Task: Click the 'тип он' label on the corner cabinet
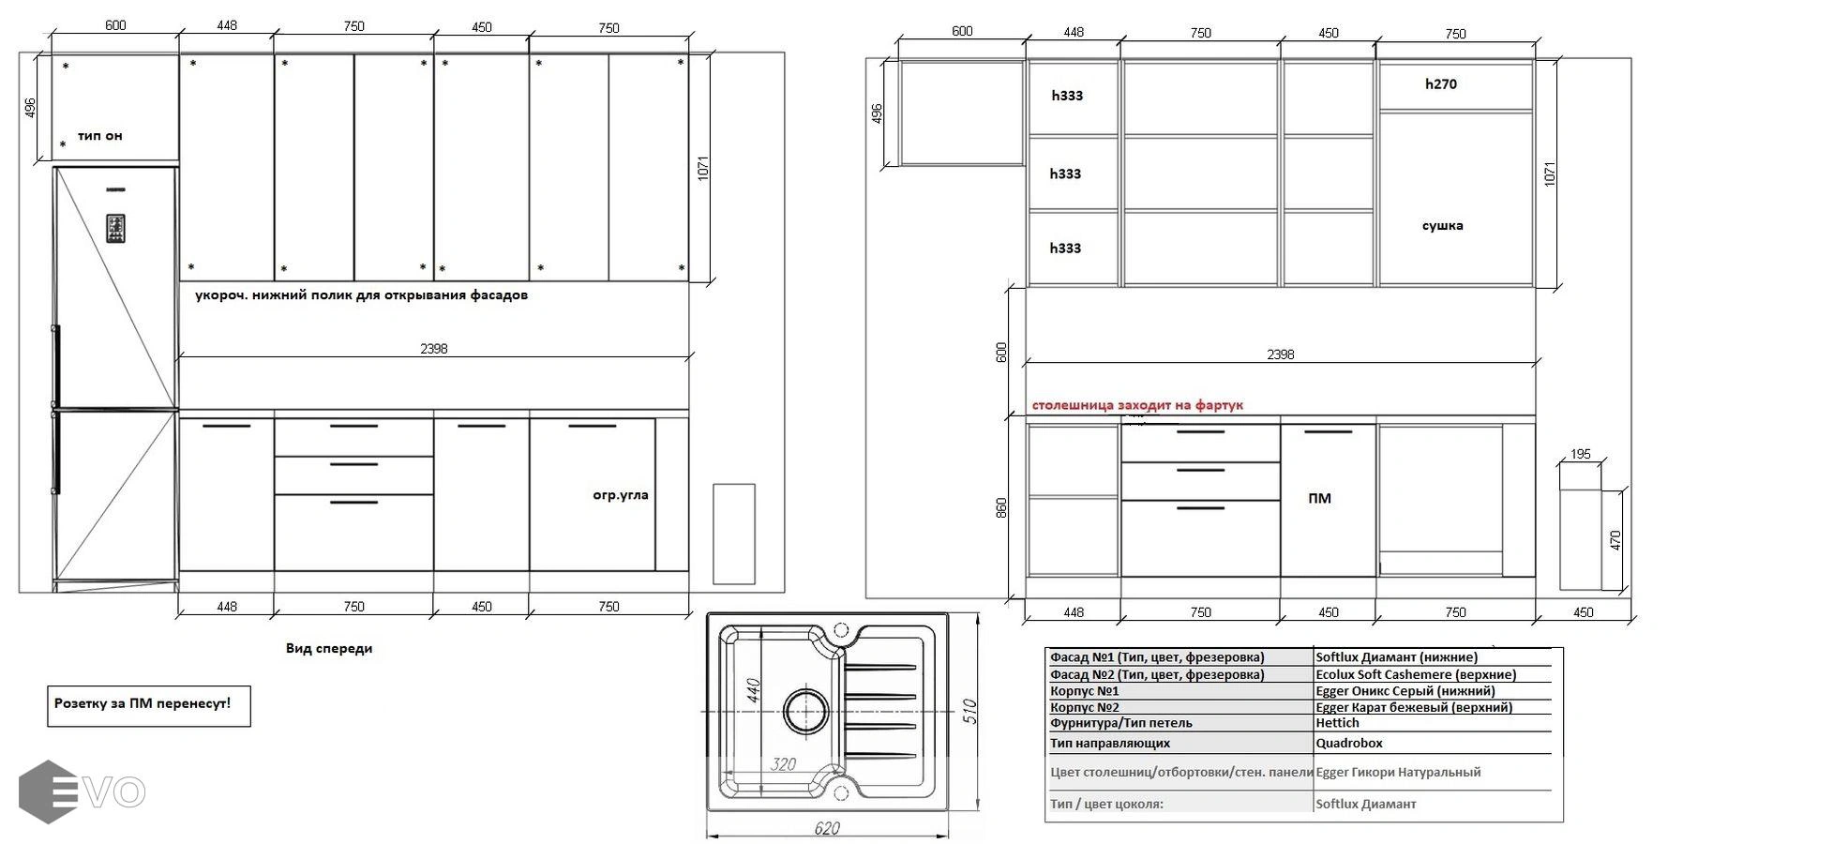pyautogui.click(x=99, y=136)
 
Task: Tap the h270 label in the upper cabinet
pyautogui.click(x=1441, y=84)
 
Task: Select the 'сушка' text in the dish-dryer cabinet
pyautogui.click(x=1442, y=226)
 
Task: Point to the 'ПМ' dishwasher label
pyautogui.click(x=1319, y=498)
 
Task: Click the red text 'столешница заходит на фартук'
pyautogui.click(x=1137, y=405)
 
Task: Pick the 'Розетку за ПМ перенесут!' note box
pyautogui.click(x=149, y=705)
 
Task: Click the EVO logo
pyautogui.click(x=82, y=792)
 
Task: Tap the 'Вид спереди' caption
pyautogui.click(x=329, y=648)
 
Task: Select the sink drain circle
pyautogui.click(x=805, y=712)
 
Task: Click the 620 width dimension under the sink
pyautogui.click(x=827, y=829)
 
